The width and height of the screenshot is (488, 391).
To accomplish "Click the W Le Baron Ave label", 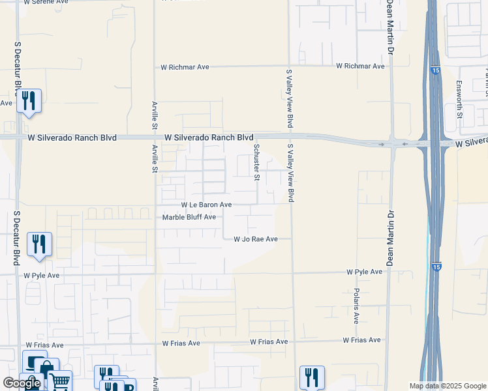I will click(x=206, y=205).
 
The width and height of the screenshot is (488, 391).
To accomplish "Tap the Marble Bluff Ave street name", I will click(x=189, y=217).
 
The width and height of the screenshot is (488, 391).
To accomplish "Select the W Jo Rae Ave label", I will click(x=256, y=239).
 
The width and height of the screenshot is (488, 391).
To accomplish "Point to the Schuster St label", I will click(x=257, y=163).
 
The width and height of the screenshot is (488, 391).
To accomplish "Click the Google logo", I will click(x=22, y=383).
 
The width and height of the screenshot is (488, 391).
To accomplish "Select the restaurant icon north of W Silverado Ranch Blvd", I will click(x=29, y=101).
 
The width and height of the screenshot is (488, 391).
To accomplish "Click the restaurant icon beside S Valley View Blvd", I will click(x=312, y=377).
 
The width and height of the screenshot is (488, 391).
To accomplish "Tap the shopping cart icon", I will click(x=59, y=381).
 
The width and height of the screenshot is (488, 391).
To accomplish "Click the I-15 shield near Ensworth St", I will click(x=434, y=70).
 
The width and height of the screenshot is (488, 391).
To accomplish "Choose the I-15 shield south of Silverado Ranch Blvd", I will click(x=436, y=267).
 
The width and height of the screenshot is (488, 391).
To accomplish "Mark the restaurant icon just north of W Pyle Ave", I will click(x=39, y=244).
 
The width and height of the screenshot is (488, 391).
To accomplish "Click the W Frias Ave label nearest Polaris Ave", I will click(x=362, y=340).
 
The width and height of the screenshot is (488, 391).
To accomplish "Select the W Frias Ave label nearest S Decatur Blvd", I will click(x=44, y=345).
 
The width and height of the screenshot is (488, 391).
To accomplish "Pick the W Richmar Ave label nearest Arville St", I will click(x=185, y=67).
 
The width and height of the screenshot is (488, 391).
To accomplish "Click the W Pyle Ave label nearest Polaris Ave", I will click(x=364, y=271).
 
